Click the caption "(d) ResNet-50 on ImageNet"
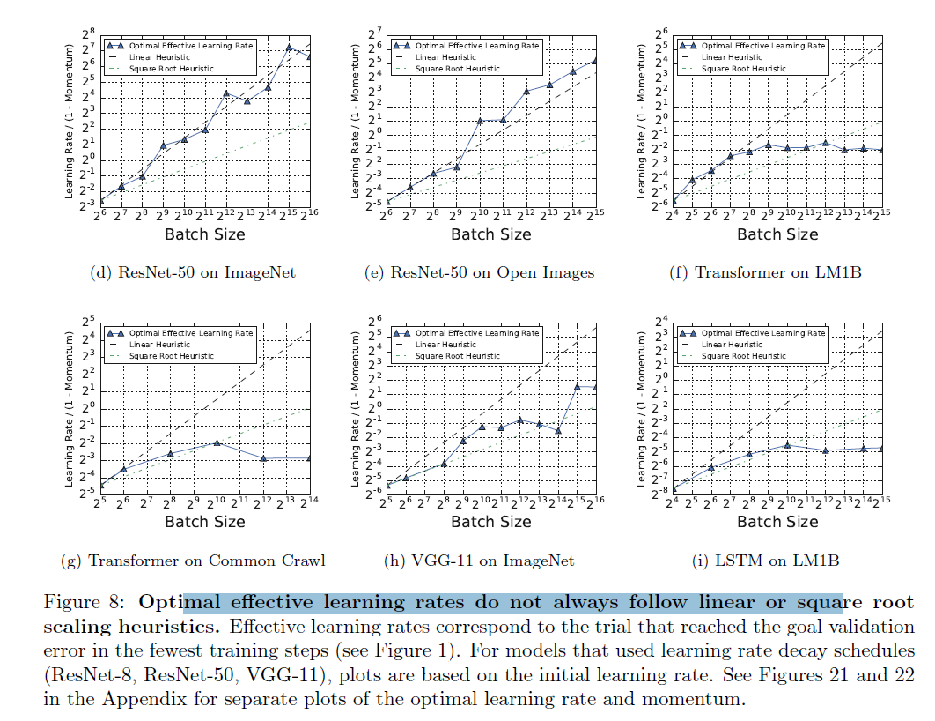pos(193,272)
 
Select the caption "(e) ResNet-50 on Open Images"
pos(479,272)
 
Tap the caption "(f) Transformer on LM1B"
pos(765,272)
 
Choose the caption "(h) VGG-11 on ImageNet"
pos(480,561)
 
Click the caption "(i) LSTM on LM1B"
pos(765,561)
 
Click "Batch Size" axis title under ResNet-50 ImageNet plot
pos(205,234)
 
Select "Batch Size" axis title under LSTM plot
pos(777,522)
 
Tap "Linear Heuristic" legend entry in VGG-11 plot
pos(445,345)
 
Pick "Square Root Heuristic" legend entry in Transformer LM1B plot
pos(742,68)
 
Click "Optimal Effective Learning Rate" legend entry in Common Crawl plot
pos(191,333)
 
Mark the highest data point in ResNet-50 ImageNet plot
pos(289,47)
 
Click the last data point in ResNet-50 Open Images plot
pos(594,60)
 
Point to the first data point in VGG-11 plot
pos(387,485)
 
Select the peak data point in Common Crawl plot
pos(217,442)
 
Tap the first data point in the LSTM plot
pos(673,487)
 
